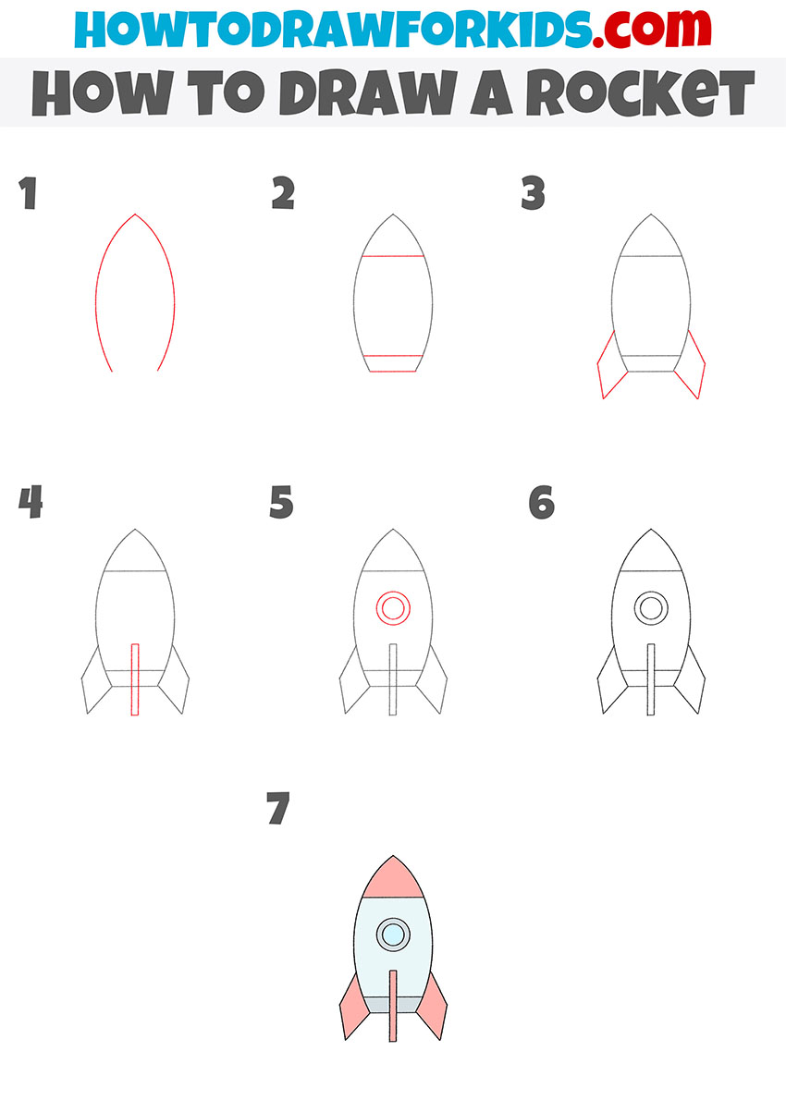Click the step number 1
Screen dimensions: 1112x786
(29, 195)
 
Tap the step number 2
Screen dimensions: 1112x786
(283, 195)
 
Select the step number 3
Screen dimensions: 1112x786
(533, 195)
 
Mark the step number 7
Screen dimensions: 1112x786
(277, 809)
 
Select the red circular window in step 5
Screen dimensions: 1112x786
(392, 608)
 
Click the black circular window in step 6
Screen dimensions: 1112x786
(651, 608)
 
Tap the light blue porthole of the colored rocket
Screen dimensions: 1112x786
(393, 935)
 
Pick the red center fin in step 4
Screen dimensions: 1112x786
(135, 679)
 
